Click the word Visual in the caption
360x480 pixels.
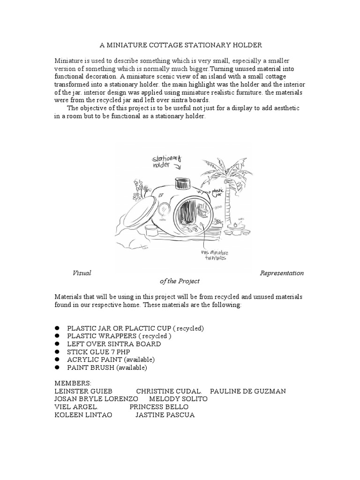click(82, 273)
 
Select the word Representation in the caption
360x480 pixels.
click(281, 273)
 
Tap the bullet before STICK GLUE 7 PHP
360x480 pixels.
click(58, 352)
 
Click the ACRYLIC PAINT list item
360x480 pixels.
click(111, 360)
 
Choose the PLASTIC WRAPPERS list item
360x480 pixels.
click(119, 336)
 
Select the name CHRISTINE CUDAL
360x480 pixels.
click(169, 391)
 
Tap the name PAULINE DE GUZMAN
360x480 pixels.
click(247, 391)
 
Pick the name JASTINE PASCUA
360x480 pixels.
click(165, 415)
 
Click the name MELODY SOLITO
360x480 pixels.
click(178, 399)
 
